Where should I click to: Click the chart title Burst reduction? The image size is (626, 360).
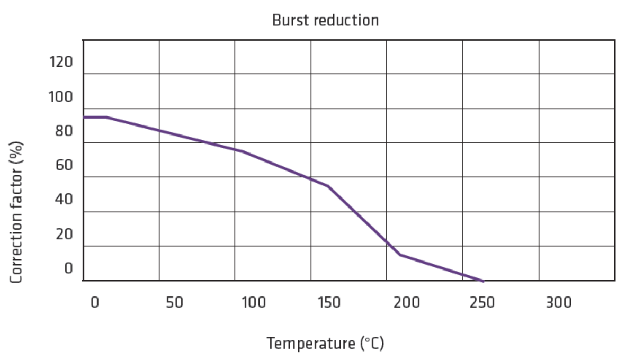coord(325,21)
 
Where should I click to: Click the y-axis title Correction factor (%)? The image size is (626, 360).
coord(17,212)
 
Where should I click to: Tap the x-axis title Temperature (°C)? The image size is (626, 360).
coord(325,343)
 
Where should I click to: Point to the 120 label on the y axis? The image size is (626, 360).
coord(60,62)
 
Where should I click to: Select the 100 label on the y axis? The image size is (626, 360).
coord(60,97)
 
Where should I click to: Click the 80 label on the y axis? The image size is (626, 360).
coord(64,131)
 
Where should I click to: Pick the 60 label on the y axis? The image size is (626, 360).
coord(64,165)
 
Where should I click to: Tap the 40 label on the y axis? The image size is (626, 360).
coord(64,200)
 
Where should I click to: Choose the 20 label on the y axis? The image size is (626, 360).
coord(64,234)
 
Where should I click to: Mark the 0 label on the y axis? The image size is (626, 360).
coord(68,268)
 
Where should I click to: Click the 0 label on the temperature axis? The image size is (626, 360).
coord(95,303)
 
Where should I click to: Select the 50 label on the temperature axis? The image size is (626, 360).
coord(174,303)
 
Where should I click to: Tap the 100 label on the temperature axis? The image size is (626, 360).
coord(253,303)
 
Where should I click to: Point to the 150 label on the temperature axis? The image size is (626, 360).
coord(329,303)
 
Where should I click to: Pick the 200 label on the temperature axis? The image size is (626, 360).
coord(407,303)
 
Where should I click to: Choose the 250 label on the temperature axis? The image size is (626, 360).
coord(482,303)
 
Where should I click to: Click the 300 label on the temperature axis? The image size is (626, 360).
coord(559,303)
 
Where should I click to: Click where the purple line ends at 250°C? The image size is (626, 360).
coord(483,281)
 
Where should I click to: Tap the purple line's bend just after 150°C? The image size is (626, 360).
coord(328,186)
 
